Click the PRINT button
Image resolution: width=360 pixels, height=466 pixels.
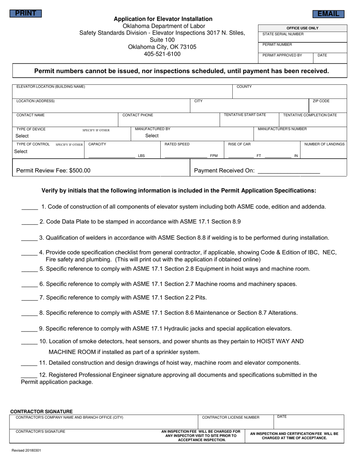(x=25, y=14)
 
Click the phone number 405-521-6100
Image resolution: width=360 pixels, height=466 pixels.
(x=162, y=54)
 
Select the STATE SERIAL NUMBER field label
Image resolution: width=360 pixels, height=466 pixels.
(x=283, y=34)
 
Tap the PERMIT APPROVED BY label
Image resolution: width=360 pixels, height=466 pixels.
(x=282, y=55)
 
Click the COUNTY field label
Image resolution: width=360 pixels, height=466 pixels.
(x=244, y=87)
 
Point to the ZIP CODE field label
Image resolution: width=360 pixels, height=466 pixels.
(x=321, y=101)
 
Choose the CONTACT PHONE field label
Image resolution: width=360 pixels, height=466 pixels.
(x=138, y=115)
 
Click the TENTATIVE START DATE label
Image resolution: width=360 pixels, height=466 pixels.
(x=245, y=115)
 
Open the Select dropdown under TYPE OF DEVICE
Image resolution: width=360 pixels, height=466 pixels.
(x=22, y=136)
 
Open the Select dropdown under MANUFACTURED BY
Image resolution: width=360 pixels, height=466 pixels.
(x=152, y=136)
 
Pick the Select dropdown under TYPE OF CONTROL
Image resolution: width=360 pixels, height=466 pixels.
(x=21, y=151)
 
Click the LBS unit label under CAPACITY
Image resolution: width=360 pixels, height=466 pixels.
(x=141, y=156)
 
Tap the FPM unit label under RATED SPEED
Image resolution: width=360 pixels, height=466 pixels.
(x=214, y=156)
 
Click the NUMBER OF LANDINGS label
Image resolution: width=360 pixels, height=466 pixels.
(x=324, y=144)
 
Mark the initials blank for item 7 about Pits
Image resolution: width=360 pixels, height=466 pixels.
(x=29, y=298)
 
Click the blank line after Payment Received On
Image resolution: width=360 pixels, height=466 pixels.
(x=288, y=171)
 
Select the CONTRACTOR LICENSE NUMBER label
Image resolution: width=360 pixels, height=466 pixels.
(x=231, y=418)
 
